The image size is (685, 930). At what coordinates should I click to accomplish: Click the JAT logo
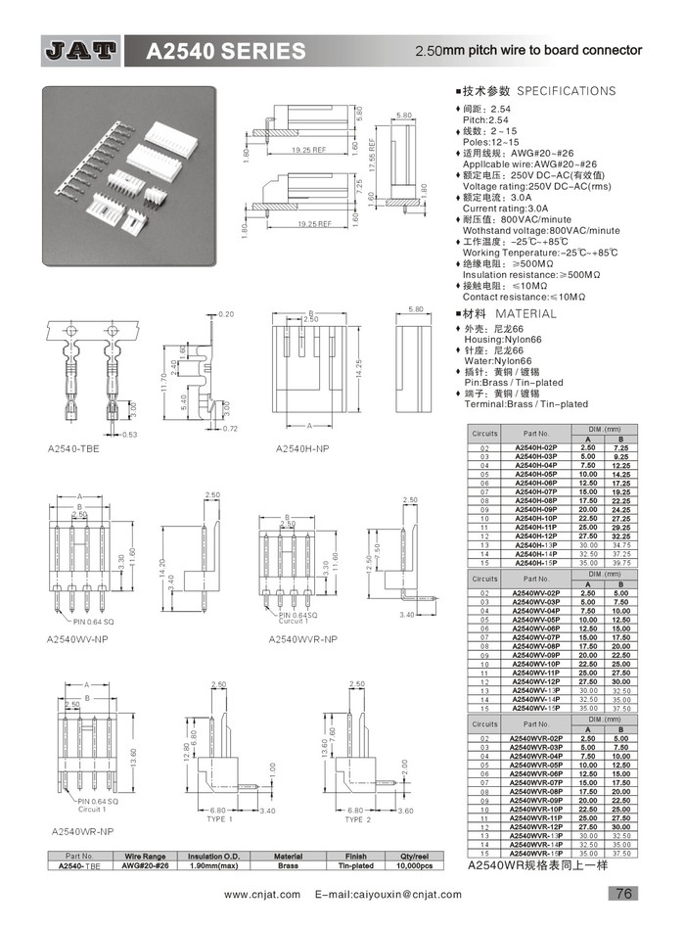tap(81, 50)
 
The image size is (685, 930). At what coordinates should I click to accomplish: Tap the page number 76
tap(623, 893)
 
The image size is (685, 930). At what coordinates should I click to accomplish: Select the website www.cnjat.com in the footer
tap(262, 894)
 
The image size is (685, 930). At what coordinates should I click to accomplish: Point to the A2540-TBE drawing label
tap(73, 448)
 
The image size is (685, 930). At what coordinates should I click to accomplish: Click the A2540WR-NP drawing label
tap(83, 830)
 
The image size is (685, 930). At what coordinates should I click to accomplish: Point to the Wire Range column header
tap(146, 857)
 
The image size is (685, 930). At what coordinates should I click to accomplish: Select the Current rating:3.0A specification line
tap(505, 208)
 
